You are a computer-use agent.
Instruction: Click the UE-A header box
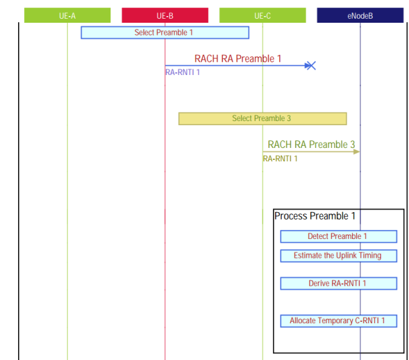tap(67, 15)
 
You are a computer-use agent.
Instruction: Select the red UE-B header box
tap(165, 15)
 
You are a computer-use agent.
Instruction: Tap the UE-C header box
tap(262, 15)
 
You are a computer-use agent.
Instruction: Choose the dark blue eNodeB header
tap(360, 15)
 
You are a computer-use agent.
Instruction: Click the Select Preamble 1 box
tap(165, 32)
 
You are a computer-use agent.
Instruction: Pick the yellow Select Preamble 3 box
tap(262, 118)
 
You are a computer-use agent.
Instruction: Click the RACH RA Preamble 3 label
tap(311, 145)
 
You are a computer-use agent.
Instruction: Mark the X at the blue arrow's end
tap(310, 66)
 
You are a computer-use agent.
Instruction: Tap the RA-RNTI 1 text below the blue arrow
tap(183, 73)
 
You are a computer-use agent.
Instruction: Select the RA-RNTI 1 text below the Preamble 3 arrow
tap(280, 159)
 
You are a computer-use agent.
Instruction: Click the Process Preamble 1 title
tap(315, 216)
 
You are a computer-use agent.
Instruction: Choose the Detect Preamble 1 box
tap(338, 236)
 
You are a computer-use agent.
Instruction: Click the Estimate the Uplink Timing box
tap(338, 256)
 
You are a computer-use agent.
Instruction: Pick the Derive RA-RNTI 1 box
tap(338, 283)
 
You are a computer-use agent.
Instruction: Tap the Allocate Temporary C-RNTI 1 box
tap(338, 321)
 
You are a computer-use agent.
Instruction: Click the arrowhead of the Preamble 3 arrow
tap(357, 152)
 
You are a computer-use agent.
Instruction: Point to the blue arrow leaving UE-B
tap(234, 66)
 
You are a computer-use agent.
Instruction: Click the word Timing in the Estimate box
tap(370, 256)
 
